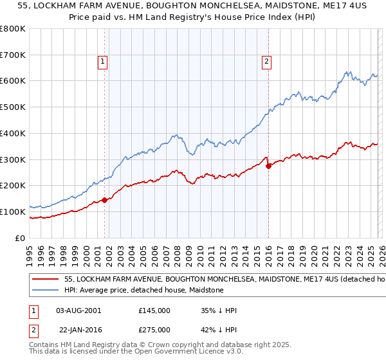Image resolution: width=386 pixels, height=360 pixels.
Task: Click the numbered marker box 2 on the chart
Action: click(266, 62)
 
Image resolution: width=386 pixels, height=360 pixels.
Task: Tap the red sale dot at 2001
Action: click(104, 200)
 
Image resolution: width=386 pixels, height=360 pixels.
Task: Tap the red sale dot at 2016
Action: click(268, 166)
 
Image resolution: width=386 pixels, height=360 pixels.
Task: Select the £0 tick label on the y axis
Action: click(21, 238)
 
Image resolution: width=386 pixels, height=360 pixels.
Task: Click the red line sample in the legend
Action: click(45, 280)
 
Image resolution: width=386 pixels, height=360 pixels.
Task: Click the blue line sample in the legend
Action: click(45, 291)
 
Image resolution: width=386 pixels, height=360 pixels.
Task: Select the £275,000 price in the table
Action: click(154, 329)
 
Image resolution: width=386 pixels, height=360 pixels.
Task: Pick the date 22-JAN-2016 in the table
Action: click(78, 329)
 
